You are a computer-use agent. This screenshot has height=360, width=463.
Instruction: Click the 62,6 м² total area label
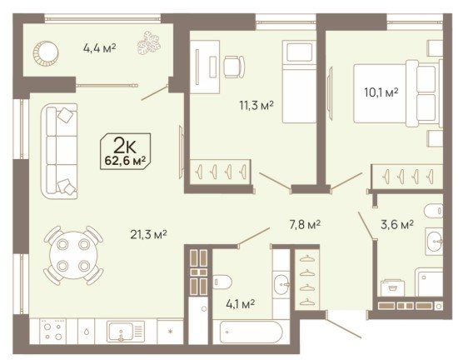coord(126,161)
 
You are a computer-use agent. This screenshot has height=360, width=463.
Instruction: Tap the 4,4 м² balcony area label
coord(99,47)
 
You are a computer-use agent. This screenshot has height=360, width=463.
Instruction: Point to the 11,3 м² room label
coord(256,105)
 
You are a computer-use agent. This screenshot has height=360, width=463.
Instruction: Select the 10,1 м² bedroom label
coord(381,92)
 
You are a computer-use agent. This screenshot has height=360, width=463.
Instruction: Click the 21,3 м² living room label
coord(148,234)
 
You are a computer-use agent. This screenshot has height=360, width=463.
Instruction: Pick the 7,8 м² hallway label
coord(305,225)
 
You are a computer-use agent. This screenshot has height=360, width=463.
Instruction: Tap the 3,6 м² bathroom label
coord(397,225)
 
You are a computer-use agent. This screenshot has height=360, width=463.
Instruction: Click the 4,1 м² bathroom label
coord(240,303)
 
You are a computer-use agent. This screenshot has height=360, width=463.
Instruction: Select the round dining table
coord(73,255)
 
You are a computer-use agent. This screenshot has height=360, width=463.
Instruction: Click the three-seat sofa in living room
coord(59,151)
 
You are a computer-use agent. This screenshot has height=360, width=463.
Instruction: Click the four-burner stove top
coord(52,331)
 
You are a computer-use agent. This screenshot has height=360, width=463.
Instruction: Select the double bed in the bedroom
coord(397,93)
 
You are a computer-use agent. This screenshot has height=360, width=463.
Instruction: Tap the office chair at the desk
coord(234,67)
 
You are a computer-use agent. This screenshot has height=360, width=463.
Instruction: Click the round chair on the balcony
coord(46,53)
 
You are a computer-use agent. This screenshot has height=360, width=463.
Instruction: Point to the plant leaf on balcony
coord(149,43)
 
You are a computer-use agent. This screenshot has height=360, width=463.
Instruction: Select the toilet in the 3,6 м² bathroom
coord(433,211)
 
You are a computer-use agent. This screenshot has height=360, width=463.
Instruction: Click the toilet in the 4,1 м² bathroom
coord(222,282)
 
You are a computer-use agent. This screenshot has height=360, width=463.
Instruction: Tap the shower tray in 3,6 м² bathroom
coord(429,282)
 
